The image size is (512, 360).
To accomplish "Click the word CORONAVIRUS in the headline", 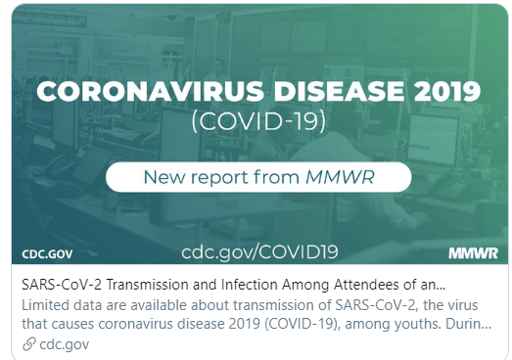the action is click(150, 91).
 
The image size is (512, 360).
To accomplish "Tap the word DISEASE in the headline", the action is click(339, 91).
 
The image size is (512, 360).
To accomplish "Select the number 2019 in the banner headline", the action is click(446, 91).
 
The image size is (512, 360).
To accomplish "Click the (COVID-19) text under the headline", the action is click(258, 121).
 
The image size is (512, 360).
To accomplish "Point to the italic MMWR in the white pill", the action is click(340, 177).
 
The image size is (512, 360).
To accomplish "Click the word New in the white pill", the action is click(164, 177).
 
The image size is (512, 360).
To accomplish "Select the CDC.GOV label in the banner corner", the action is click(47, 254).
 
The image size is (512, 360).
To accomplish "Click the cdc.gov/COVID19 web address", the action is click(259, 252).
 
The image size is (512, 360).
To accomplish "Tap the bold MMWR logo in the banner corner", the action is click(473, 253).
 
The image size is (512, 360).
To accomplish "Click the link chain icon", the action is click(28, 344).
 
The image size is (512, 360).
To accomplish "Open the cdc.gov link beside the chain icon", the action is click(64, 344).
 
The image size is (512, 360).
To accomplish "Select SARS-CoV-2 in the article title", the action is click(62, 285).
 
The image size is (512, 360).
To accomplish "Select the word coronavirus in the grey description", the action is click(135, 324).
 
